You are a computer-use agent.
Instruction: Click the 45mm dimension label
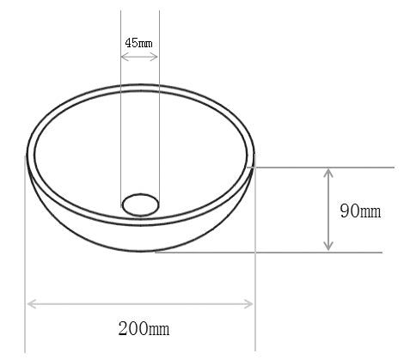139,42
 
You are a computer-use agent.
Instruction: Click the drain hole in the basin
139,204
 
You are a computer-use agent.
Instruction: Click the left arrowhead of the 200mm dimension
31,302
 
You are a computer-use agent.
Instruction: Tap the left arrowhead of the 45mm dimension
123,58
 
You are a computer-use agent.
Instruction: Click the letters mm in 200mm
159,328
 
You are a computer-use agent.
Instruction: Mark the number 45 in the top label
132,42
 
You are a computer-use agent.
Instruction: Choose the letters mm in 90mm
371,211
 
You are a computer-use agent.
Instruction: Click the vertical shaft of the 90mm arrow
328,211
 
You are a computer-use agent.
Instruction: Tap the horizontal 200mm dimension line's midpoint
141,302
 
